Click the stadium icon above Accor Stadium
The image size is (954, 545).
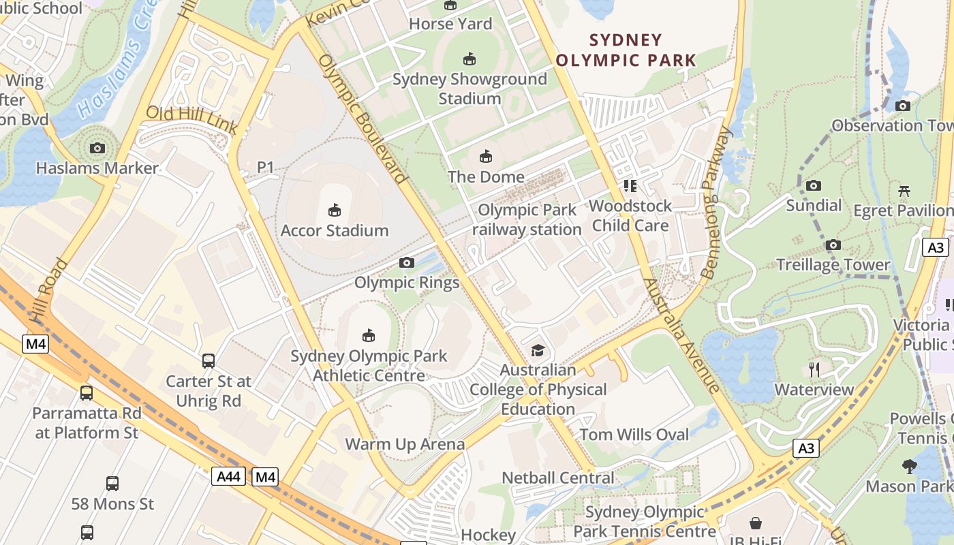(x=334, y=210)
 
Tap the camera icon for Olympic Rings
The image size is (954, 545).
(x=407, y=262)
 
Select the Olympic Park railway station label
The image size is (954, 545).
(x=527, y=219)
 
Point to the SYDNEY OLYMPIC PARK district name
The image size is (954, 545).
(x=626, y=50)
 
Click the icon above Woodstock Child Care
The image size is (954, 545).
(x=630, y=185)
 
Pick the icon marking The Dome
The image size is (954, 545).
(x=486, y=157)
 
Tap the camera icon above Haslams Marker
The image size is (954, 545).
(x=97, y=148)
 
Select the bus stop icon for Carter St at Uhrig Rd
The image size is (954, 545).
(x=209, y=361)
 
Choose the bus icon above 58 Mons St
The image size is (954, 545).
(x=112, y=484)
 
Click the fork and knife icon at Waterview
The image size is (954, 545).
(x=814, y=369)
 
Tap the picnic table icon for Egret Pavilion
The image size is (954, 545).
(x=904, y=191)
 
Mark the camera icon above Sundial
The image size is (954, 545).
(x=814, y=185)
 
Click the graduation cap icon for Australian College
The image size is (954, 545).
(x=538, y=350)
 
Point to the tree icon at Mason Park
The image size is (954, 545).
(x=909, y=467)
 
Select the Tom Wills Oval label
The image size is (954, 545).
(x=634, y=435)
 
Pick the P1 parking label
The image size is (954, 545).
(x=265, y=167)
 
